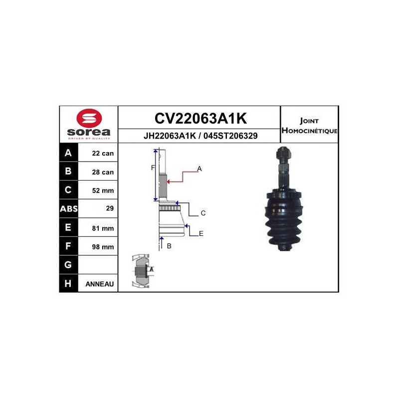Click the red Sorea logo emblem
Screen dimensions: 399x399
point(89,118)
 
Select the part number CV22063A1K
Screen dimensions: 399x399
point(200,118)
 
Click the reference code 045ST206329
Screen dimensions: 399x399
point(230,136)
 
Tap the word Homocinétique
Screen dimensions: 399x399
point(309,131)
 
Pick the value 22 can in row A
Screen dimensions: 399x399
point(103,153)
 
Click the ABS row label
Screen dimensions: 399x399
point(69,208)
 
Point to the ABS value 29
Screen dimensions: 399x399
point(110,208)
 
